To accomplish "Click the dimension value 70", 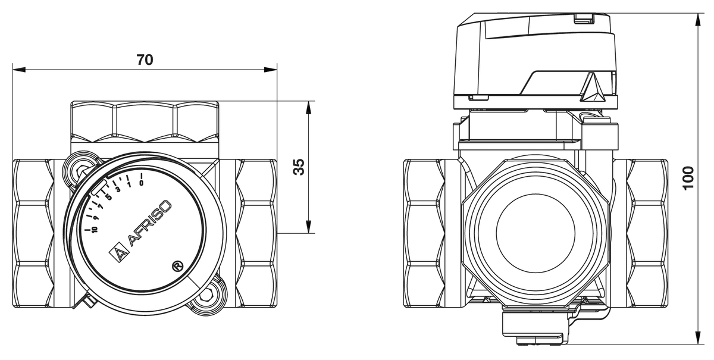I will [145, 60].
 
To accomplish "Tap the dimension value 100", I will [688, 178].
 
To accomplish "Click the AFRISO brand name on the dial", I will [151, 223].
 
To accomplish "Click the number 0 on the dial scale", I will [141, 183].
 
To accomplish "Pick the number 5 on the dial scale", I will [108, 196].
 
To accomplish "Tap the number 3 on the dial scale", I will [118, 190].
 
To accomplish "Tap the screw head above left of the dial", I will [80, 171].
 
